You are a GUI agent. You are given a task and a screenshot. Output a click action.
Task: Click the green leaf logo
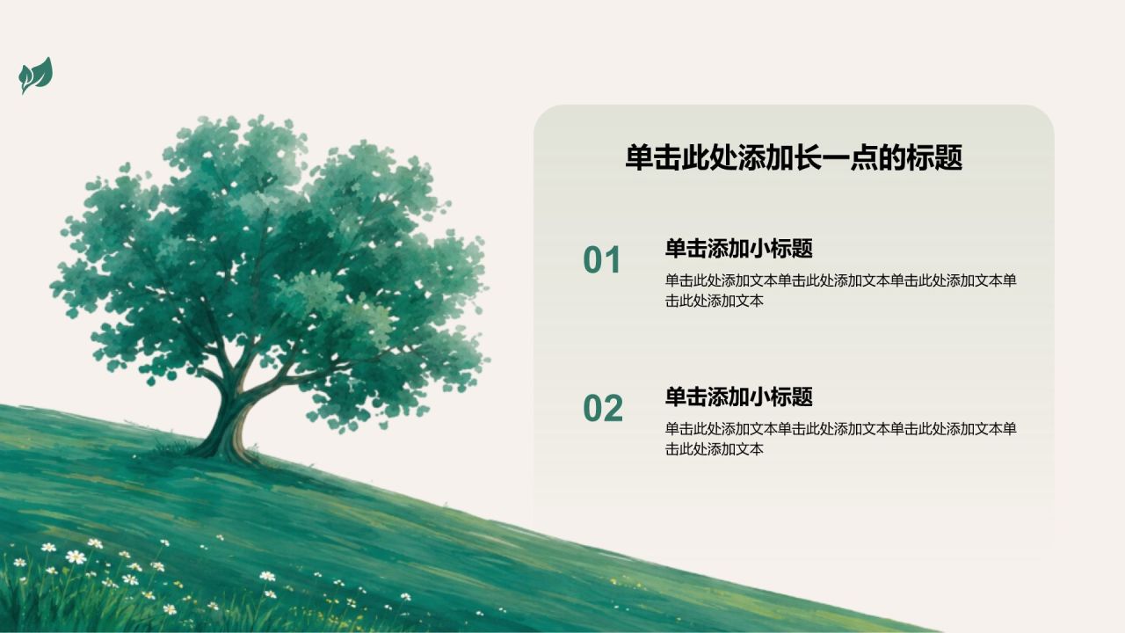(x=36, y=76)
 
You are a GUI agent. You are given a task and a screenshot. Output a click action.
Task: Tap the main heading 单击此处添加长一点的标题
(x=794, y=157)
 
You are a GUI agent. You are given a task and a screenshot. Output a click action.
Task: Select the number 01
(x=602, y=259)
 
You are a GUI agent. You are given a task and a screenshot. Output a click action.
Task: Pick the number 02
(x=603, y=408)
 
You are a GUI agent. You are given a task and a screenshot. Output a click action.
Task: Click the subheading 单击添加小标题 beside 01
(x=739, y=249)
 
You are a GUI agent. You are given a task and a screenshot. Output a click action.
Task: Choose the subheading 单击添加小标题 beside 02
(x=739, y=397)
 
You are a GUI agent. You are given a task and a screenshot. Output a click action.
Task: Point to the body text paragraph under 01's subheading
(x=841, y=290)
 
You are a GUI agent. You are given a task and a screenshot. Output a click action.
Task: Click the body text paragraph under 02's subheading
(x=841, y=439)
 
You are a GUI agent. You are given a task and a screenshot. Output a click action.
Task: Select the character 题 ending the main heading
(x=948, y=157)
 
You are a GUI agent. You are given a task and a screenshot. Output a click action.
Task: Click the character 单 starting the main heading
(x=639, y=157)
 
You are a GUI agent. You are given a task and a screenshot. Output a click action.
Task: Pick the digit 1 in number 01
(x=613, y=259)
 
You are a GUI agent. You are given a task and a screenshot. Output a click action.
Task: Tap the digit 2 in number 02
(x=613, y=408)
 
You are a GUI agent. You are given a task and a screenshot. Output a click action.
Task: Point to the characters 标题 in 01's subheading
(x=792, y=249)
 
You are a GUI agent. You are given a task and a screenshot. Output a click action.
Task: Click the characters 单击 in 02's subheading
(x=686, y=397)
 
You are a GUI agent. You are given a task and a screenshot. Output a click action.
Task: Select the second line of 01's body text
(x=715, y=301)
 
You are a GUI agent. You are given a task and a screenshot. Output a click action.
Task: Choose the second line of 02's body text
(x=715, y=449)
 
